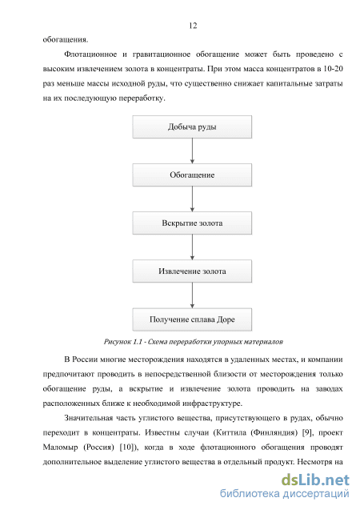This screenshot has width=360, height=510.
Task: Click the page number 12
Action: click(x=193, y=26)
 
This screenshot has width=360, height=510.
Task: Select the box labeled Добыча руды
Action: click(x=192, y=126)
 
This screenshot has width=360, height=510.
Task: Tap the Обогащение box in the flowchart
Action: click(x=192, y=175)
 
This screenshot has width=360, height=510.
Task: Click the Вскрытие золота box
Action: click(x=192, y=223)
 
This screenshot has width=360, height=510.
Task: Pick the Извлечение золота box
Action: click(x=192, y=271)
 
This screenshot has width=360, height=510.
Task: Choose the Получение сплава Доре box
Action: click(x=192, y=319)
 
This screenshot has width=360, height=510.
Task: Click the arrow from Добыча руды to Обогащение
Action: click(x=192, y=151)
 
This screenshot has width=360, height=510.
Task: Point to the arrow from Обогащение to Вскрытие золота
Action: click(x=192, y=199)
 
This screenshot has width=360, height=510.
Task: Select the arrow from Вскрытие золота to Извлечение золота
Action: click(x=192, y=247)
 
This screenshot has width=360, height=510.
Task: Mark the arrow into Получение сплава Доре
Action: click(x=192, y=295)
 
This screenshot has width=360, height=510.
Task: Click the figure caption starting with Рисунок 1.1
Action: click(x=194, y=342)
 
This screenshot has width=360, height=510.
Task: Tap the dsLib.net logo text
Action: click(x=315, y=480)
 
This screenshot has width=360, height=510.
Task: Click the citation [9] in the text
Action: click(x=308, y=433)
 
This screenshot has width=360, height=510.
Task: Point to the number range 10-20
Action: click(x=333, y=69)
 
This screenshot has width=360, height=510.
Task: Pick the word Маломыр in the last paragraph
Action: click(x=61, y=448)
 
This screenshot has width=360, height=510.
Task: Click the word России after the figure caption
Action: click(x=85, y=359)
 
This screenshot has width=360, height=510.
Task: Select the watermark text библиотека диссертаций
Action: click(x=285, y=494)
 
